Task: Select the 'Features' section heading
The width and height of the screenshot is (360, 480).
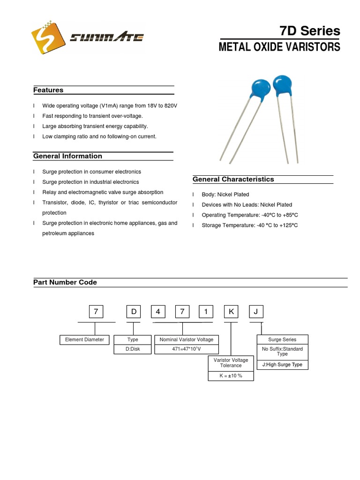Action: coord(48,90)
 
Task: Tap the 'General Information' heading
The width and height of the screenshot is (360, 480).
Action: coord(67,156)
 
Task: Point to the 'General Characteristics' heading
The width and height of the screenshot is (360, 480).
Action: coord(233,179)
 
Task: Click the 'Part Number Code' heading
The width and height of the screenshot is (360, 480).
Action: coord(65,282)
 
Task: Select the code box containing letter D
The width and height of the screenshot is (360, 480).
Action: coord(134,312)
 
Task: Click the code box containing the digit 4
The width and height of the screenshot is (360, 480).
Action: coord(158,312)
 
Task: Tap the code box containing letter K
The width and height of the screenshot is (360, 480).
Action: coord(231,312)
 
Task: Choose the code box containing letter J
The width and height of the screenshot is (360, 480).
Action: coord(255,312)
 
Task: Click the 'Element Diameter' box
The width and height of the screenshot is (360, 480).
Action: coord(84,340)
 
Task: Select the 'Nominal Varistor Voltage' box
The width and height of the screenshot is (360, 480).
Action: coord(187,340)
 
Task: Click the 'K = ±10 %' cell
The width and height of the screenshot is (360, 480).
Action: coord(231,376)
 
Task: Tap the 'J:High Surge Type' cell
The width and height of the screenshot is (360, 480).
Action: coord(282,365)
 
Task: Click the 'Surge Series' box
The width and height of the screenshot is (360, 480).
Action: coord(282,340)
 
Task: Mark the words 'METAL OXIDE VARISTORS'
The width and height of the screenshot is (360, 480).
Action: coord(279,47)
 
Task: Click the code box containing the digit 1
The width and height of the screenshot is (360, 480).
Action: coord(206,312)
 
